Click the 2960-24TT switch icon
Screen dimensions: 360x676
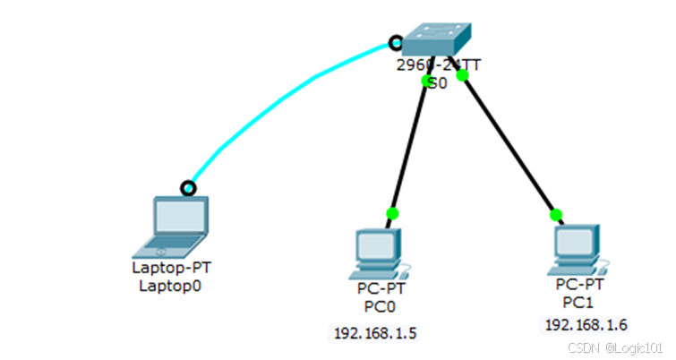click(x=435, y=39)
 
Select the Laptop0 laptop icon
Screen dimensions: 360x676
click(x=176, y=225)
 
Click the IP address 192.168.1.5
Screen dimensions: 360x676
click(x=375, y=333)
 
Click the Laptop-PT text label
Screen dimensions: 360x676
click(x=171, y=267)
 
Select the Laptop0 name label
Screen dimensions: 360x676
click(x=172, y=286)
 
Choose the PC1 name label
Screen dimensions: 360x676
click(x=579, y=301)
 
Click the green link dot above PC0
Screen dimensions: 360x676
click(x=391, y=212)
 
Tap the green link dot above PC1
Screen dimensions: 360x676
click(x=556, y=214)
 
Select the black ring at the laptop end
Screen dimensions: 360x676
click(x=187, y=188)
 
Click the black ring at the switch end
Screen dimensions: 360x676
click(x=394, y=41)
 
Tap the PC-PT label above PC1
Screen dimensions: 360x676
click(x=580, y=284)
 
